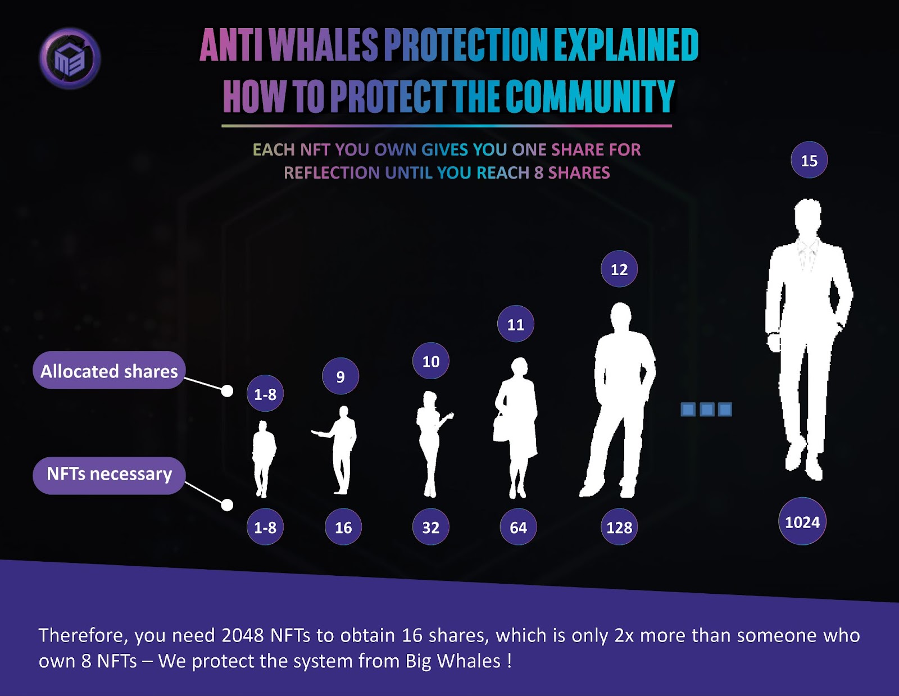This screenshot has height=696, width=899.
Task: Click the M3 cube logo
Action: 70,58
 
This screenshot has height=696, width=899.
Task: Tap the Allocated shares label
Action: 109,370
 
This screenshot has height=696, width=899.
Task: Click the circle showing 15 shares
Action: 809,160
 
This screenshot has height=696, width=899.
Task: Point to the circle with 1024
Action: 802,521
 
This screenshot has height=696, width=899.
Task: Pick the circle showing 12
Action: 619,269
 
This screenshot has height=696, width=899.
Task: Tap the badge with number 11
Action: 515,324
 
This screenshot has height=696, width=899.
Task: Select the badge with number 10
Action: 430,361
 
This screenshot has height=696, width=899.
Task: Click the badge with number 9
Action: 340,376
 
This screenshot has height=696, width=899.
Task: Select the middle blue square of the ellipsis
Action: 707,410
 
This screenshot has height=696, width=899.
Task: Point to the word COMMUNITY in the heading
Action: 591,97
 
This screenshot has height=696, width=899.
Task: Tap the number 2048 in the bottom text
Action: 242,635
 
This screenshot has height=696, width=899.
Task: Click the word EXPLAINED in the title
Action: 626,45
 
